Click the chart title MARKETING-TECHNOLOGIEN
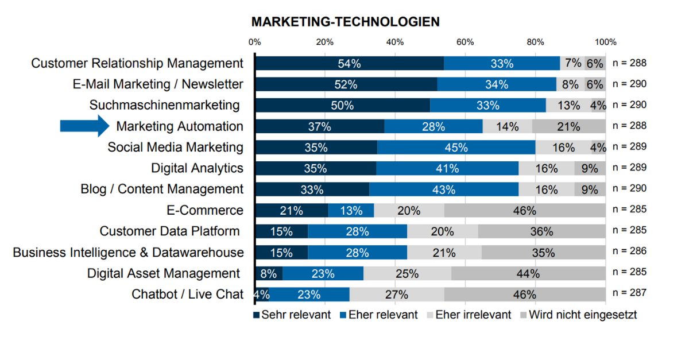[x=346, y=22]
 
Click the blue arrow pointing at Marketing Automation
[x=85, y=126]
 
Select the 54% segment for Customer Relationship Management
[x=349, y=63]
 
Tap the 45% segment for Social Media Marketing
[x=456, y=147]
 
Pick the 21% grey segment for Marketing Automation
[x=569, y=126]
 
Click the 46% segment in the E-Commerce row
[x=525, y=210]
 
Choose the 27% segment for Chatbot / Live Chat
[x=397, y=295]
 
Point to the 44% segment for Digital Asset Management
[x=528, y=273]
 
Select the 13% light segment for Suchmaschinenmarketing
[x=568, y=105]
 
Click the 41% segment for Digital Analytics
[x=447, y=168]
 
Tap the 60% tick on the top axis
[x=465, y=42]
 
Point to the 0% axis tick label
[x=255, y=42]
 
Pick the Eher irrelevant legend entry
[x=468, y=315]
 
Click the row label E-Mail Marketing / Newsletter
[x=158, y=84]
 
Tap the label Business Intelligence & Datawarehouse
[x=128, y=253]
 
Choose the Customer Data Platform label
[x=169, y=231]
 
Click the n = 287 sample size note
[x=629, y=293]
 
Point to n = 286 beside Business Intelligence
[x=629, y=251]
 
